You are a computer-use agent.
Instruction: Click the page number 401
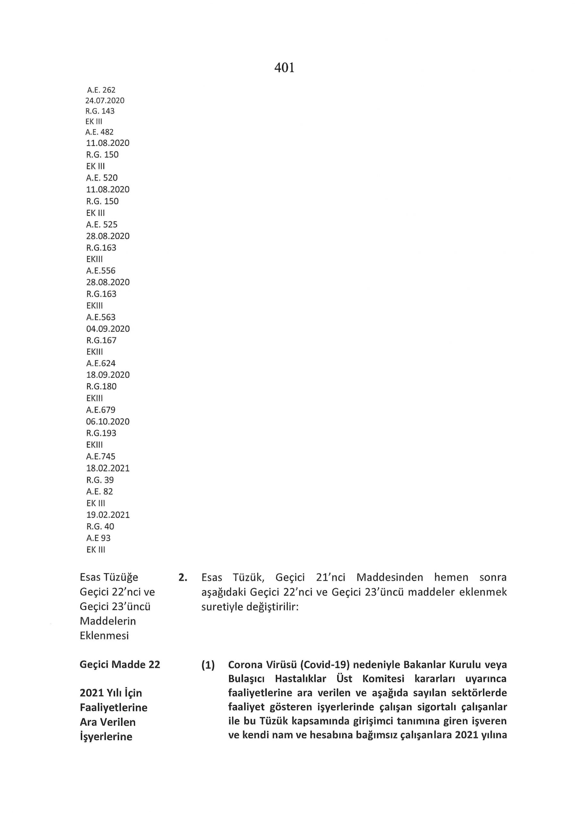tap(284, 68)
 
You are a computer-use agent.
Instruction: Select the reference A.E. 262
tap(101, 90)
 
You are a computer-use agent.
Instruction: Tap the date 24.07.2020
tap(105, 100)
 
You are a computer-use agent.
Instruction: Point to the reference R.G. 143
tap(100, 111)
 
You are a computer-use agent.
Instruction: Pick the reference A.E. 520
tap(102, 178)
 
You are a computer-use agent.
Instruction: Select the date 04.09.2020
tap(108, 329)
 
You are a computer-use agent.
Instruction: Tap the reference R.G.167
tap(101, 340)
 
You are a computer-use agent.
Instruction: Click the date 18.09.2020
tap(108, 375)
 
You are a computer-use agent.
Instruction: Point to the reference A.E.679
tap(100, 410)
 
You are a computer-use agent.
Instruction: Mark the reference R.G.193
tap(101, 433)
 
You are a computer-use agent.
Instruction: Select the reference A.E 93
tap(99, 538)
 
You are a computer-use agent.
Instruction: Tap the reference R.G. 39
tap(100, 480)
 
